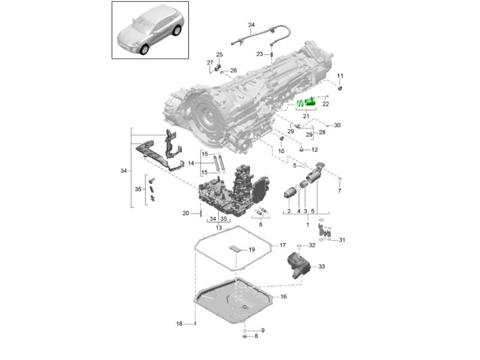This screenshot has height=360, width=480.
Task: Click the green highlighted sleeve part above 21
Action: point(310,101)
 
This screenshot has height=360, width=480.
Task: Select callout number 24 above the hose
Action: point(251,25)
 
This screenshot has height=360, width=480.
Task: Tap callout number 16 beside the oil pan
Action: point(283,296)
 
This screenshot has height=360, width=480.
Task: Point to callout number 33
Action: point(322,266)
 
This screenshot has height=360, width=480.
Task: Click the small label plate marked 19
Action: point(236,248)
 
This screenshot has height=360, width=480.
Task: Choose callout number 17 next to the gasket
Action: point(283,245)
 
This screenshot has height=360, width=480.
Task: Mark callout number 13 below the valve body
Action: point(218,228)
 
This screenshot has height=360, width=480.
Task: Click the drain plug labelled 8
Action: point(245,337)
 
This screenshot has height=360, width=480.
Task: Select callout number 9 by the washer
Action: point(263,331)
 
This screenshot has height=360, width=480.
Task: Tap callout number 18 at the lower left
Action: point(179,323)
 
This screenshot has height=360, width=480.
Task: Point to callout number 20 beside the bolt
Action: point(186,214)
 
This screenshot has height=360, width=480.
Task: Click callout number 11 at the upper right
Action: point(340,76)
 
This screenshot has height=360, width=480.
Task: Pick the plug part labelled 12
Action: point(302,149)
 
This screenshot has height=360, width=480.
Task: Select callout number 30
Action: point(337,125)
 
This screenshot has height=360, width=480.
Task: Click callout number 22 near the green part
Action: point(326,104)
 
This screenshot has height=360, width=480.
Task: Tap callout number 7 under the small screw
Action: point(340,191)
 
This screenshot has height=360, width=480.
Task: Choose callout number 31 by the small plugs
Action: point(342,240)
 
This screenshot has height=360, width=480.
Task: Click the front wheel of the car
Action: point(144,49)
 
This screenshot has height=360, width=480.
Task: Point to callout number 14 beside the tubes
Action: point(191,163)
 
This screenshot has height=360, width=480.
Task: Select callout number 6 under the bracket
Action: point(260,224)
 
